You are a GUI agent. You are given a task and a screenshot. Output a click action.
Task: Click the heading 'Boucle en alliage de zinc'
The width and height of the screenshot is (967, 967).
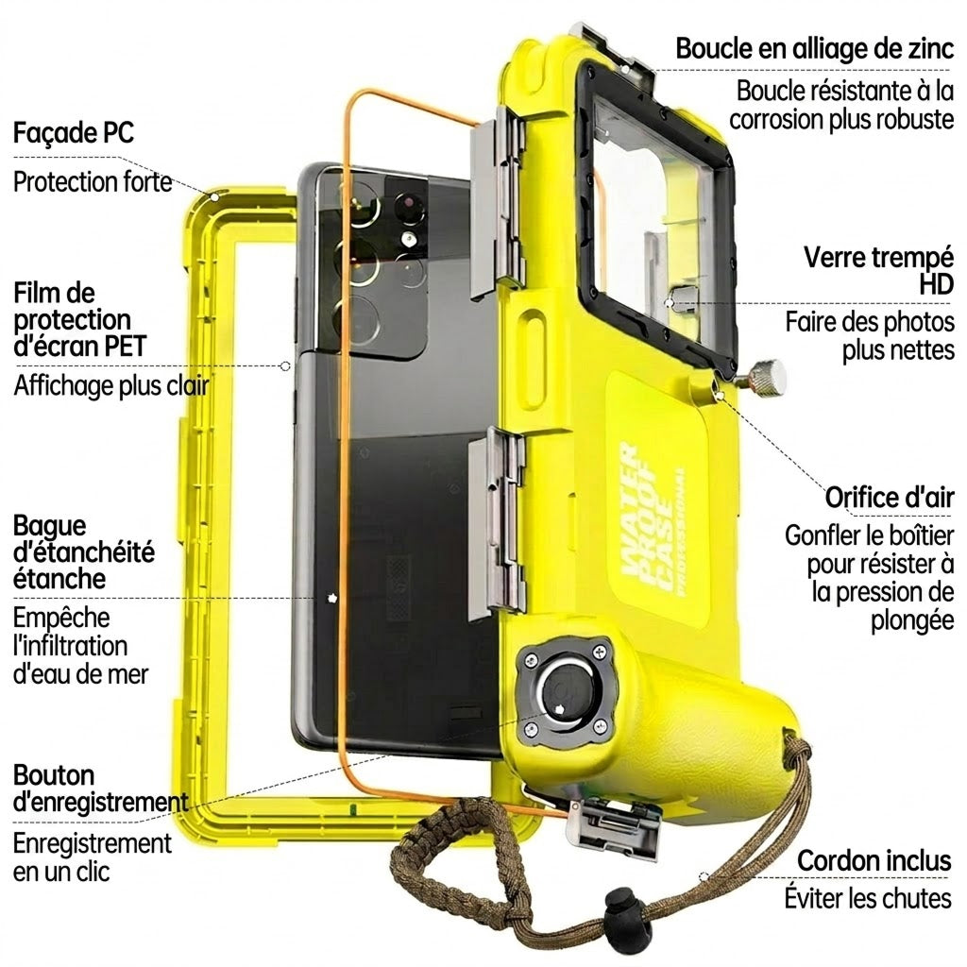point(815,49)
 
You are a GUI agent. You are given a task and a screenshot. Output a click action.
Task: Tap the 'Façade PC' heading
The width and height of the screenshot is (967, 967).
point(74,132)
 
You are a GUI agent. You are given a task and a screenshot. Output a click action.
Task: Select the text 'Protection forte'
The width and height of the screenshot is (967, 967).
point(93,182)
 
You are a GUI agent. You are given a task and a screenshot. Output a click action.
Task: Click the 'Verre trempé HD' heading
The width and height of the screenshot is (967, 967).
point(879,271)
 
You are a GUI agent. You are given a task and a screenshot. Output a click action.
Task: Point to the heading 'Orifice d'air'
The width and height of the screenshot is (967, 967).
point(890,497)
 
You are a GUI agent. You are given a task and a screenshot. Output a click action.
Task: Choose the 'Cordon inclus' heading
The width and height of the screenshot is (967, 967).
point(874,861)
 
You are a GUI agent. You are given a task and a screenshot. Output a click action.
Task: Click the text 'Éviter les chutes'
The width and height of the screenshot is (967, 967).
point(868,898)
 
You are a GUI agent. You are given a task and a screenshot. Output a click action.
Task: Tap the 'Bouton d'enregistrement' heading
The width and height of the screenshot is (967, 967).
point(100,789)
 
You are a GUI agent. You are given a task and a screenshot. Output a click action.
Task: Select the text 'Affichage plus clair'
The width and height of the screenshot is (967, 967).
point(111,386)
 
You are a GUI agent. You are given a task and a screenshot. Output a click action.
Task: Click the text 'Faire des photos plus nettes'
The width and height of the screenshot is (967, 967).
point(870,336)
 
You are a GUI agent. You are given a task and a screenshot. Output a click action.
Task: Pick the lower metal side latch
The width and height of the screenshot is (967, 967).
point(498,523)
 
